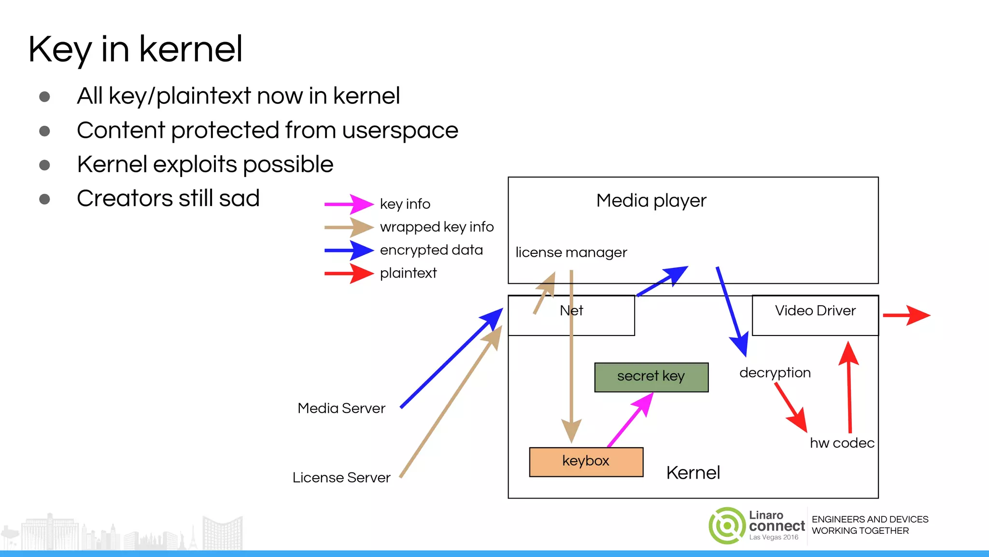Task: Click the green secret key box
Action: [651, 377]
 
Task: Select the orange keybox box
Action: [586, 462]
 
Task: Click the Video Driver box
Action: [815, 315]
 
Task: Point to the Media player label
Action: [651, 201]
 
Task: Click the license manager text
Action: [571, 252]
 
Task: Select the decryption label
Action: [775, 373]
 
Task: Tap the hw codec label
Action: [842, 443]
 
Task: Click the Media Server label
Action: [341, 409]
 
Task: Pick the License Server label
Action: [341, 478]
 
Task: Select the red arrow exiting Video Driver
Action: [905, 315]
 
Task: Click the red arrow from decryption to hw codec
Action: [791, 407]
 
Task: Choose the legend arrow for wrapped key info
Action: [349, 227]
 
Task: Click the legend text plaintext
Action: [408, 273]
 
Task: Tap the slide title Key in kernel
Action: [135, 49]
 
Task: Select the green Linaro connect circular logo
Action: [727, 526]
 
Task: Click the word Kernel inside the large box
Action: [692, 473]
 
